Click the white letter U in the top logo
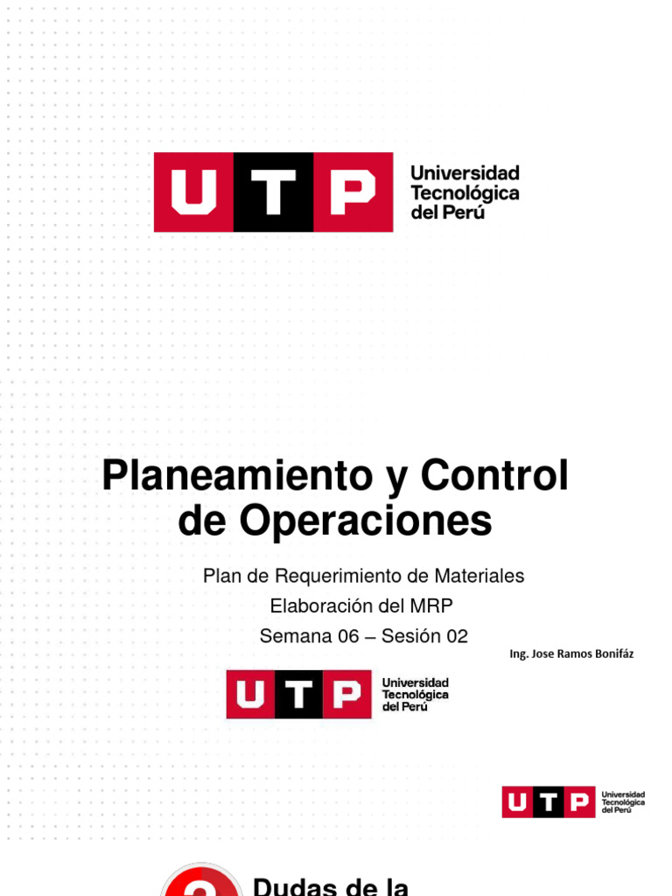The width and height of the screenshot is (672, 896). coord(193,192)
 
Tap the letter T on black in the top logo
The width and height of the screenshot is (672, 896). coord(273,192)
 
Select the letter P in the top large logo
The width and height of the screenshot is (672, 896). coord(352,192)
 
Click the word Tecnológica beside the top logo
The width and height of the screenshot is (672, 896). coord(465,192)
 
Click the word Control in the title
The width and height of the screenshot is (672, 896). coord(494,477)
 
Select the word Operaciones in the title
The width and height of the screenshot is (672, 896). coord(366,521)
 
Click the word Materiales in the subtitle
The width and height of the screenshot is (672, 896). coord(485,576)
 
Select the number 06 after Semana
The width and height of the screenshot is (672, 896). coord(347,636)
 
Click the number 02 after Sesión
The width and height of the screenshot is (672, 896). coord(458,636)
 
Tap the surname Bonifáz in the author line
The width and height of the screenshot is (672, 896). coord(610,654)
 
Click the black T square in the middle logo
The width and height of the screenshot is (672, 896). coord(299,695)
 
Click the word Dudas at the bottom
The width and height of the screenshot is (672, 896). coord(293,885)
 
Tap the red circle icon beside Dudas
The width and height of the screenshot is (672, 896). coord(201,882)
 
